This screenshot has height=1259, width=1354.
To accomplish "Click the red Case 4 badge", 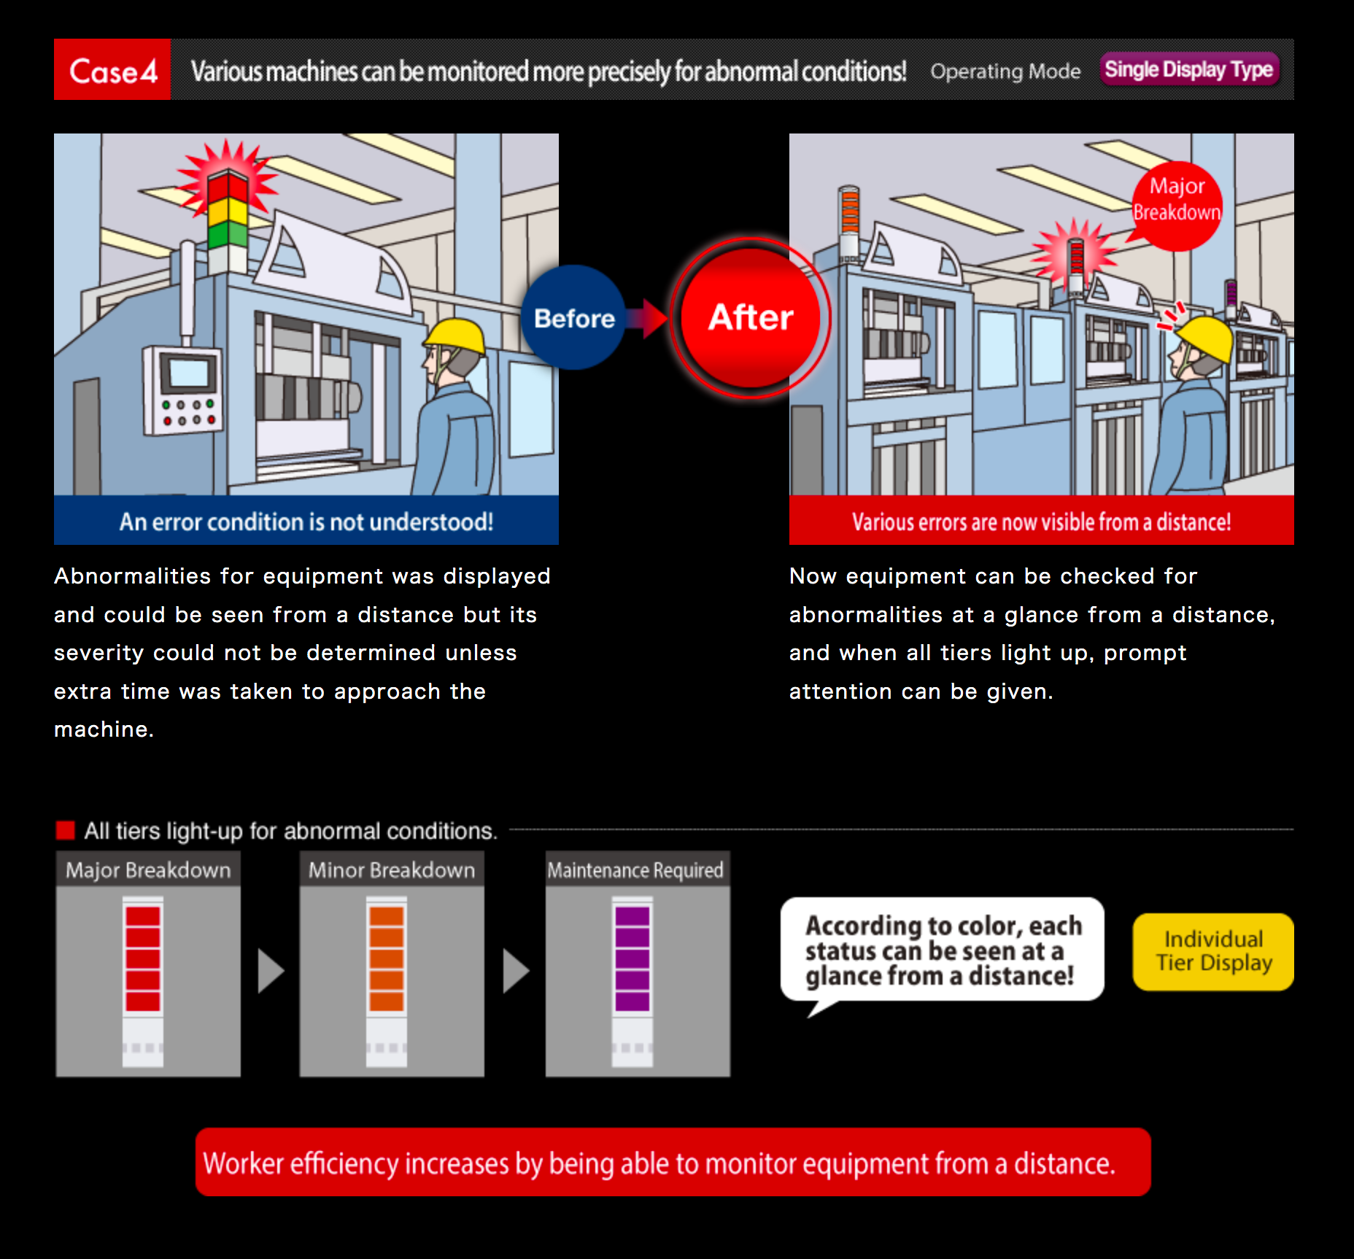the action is [x=112, y=70].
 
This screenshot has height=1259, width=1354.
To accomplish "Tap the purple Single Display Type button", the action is [x=1189, y=70].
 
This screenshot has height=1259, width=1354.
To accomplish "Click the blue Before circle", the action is [x=574, y=318].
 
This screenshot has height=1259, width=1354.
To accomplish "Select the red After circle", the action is [x=751, y=318].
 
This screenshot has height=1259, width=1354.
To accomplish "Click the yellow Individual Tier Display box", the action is [x=1213, y=952].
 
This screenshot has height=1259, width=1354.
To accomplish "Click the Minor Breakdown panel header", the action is [x=392, y=869].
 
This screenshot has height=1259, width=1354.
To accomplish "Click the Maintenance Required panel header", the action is [x=637, y=869].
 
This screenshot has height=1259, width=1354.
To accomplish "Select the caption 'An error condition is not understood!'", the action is [x=306, y=522].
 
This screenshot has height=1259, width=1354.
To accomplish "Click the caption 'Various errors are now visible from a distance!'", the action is [x=1041, y=522].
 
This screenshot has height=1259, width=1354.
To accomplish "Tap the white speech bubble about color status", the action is [x=942, y=950].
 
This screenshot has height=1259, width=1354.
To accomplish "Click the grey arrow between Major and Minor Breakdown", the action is [x=271, y=971].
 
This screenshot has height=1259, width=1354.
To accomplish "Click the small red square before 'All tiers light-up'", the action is [x=66, y=830].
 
